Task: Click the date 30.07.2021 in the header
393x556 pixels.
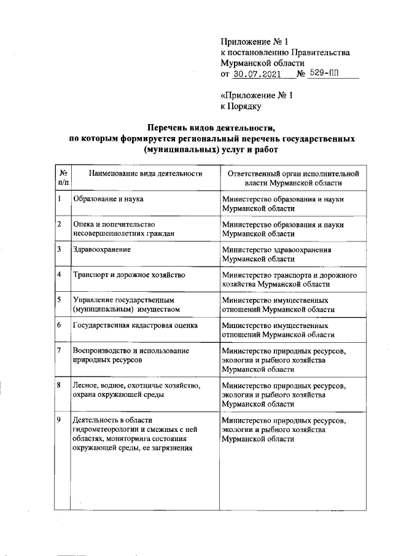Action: tap(257, 74)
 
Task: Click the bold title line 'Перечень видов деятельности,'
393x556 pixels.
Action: tap(211, 128)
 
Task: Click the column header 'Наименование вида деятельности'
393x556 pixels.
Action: tap(146, 174)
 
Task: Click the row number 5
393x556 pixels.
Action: tap(58, 300)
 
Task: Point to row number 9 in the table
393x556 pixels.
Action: tap(58, 420)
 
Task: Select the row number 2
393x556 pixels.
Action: tap(58, 224)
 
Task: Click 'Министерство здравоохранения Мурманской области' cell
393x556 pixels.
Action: tap(276, 254)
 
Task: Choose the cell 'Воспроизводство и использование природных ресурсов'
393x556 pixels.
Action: tap(131, 355)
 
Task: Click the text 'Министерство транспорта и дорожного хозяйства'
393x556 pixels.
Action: tap(289, 280)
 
